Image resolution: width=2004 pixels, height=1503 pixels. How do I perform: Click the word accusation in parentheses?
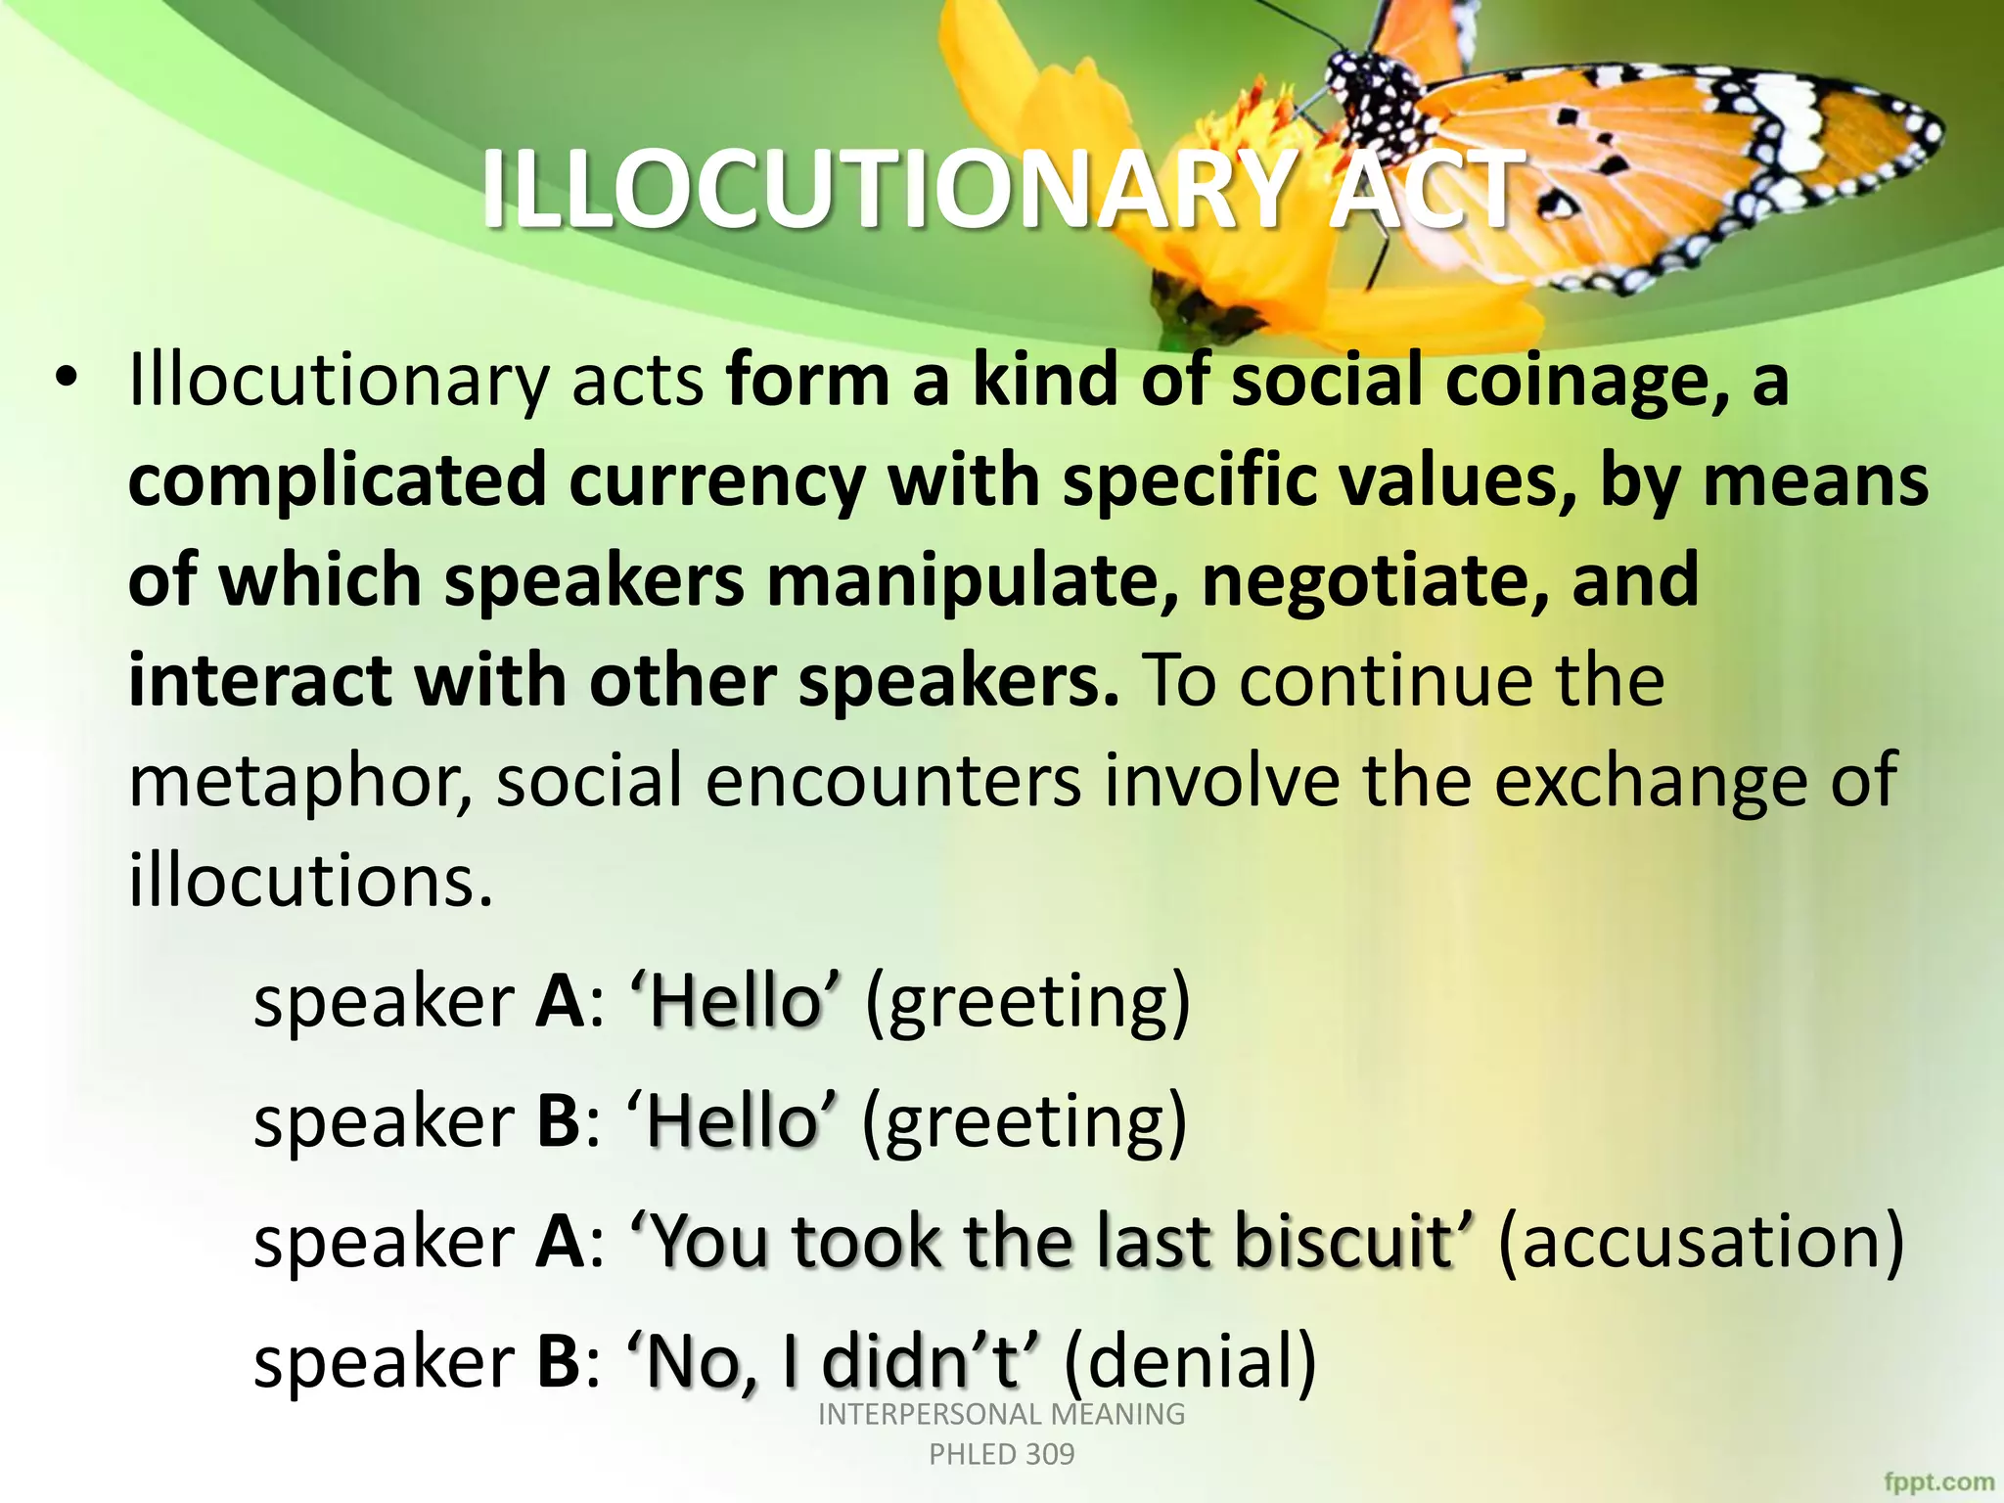coord(1702,1241)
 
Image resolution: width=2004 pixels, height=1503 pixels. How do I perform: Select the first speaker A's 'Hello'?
coord(735,1002)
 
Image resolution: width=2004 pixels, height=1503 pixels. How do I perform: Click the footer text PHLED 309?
coord(1001,1454)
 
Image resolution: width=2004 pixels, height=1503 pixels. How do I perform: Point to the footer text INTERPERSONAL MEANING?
coord(1001,1414)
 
